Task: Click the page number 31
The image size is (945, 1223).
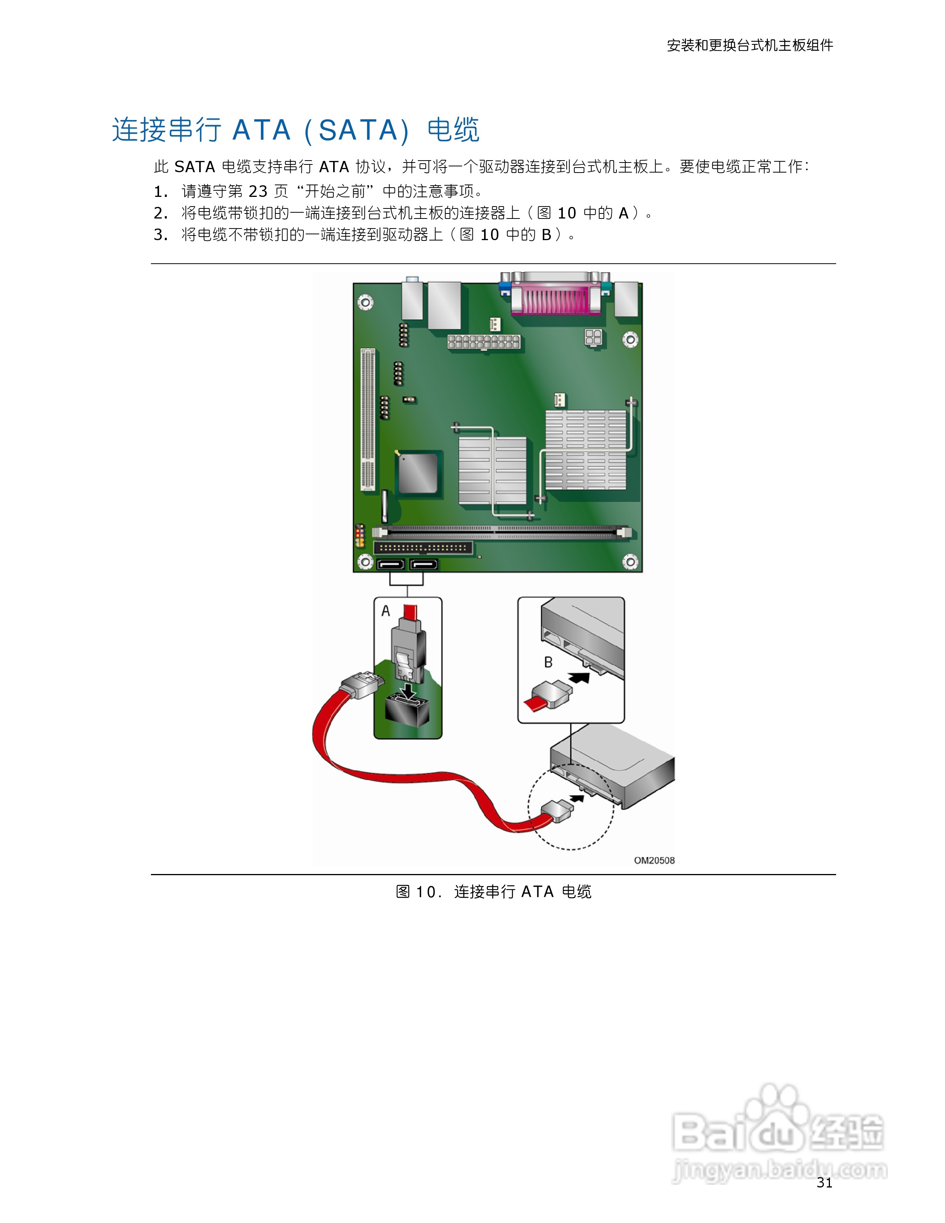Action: (x=824, y=1182)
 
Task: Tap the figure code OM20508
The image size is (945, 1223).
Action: (x=654, y=860)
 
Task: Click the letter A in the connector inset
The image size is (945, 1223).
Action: (x=386, y=611)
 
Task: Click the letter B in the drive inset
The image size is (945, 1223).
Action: (x=548, y=662)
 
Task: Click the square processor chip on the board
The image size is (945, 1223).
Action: (x=418, y=473)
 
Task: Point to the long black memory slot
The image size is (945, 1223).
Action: (x=501, y=532)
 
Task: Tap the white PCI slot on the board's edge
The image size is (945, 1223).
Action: (x=367, y=418)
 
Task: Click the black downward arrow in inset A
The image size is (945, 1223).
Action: (x=409, y=691)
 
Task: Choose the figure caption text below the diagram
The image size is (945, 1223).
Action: (x=493, y=891)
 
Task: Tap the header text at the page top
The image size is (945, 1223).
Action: (x=750, y=45)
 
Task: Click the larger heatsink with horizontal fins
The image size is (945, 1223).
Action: (x=586, y=450)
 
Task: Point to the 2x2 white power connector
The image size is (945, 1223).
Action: (x=593, y=337)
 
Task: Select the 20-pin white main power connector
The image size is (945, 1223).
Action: (x=484, y=342)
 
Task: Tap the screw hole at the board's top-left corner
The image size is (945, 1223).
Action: (x=365, y=302)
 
